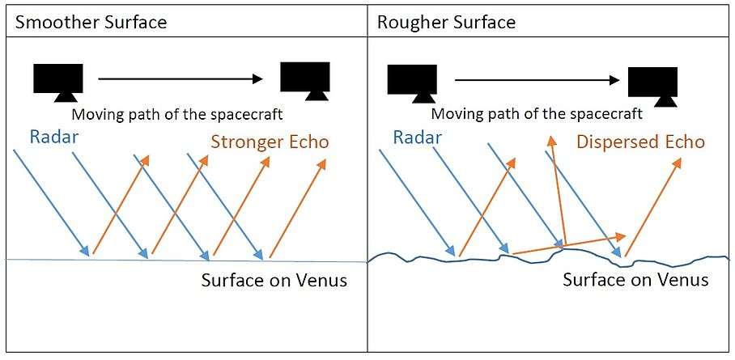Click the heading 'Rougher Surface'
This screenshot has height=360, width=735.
(x=446, y=21)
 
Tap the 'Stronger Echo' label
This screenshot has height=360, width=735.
(x=270, y=142)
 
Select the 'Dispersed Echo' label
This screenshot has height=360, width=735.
(x=640, y=142)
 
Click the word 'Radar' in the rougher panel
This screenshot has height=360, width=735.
(x=418, y=137)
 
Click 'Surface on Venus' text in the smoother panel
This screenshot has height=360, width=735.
(x=274, y=282)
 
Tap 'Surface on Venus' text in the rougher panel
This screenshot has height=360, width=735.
(x=635, y=280)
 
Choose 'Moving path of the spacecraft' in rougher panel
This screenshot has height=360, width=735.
(x=537, y=114)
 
